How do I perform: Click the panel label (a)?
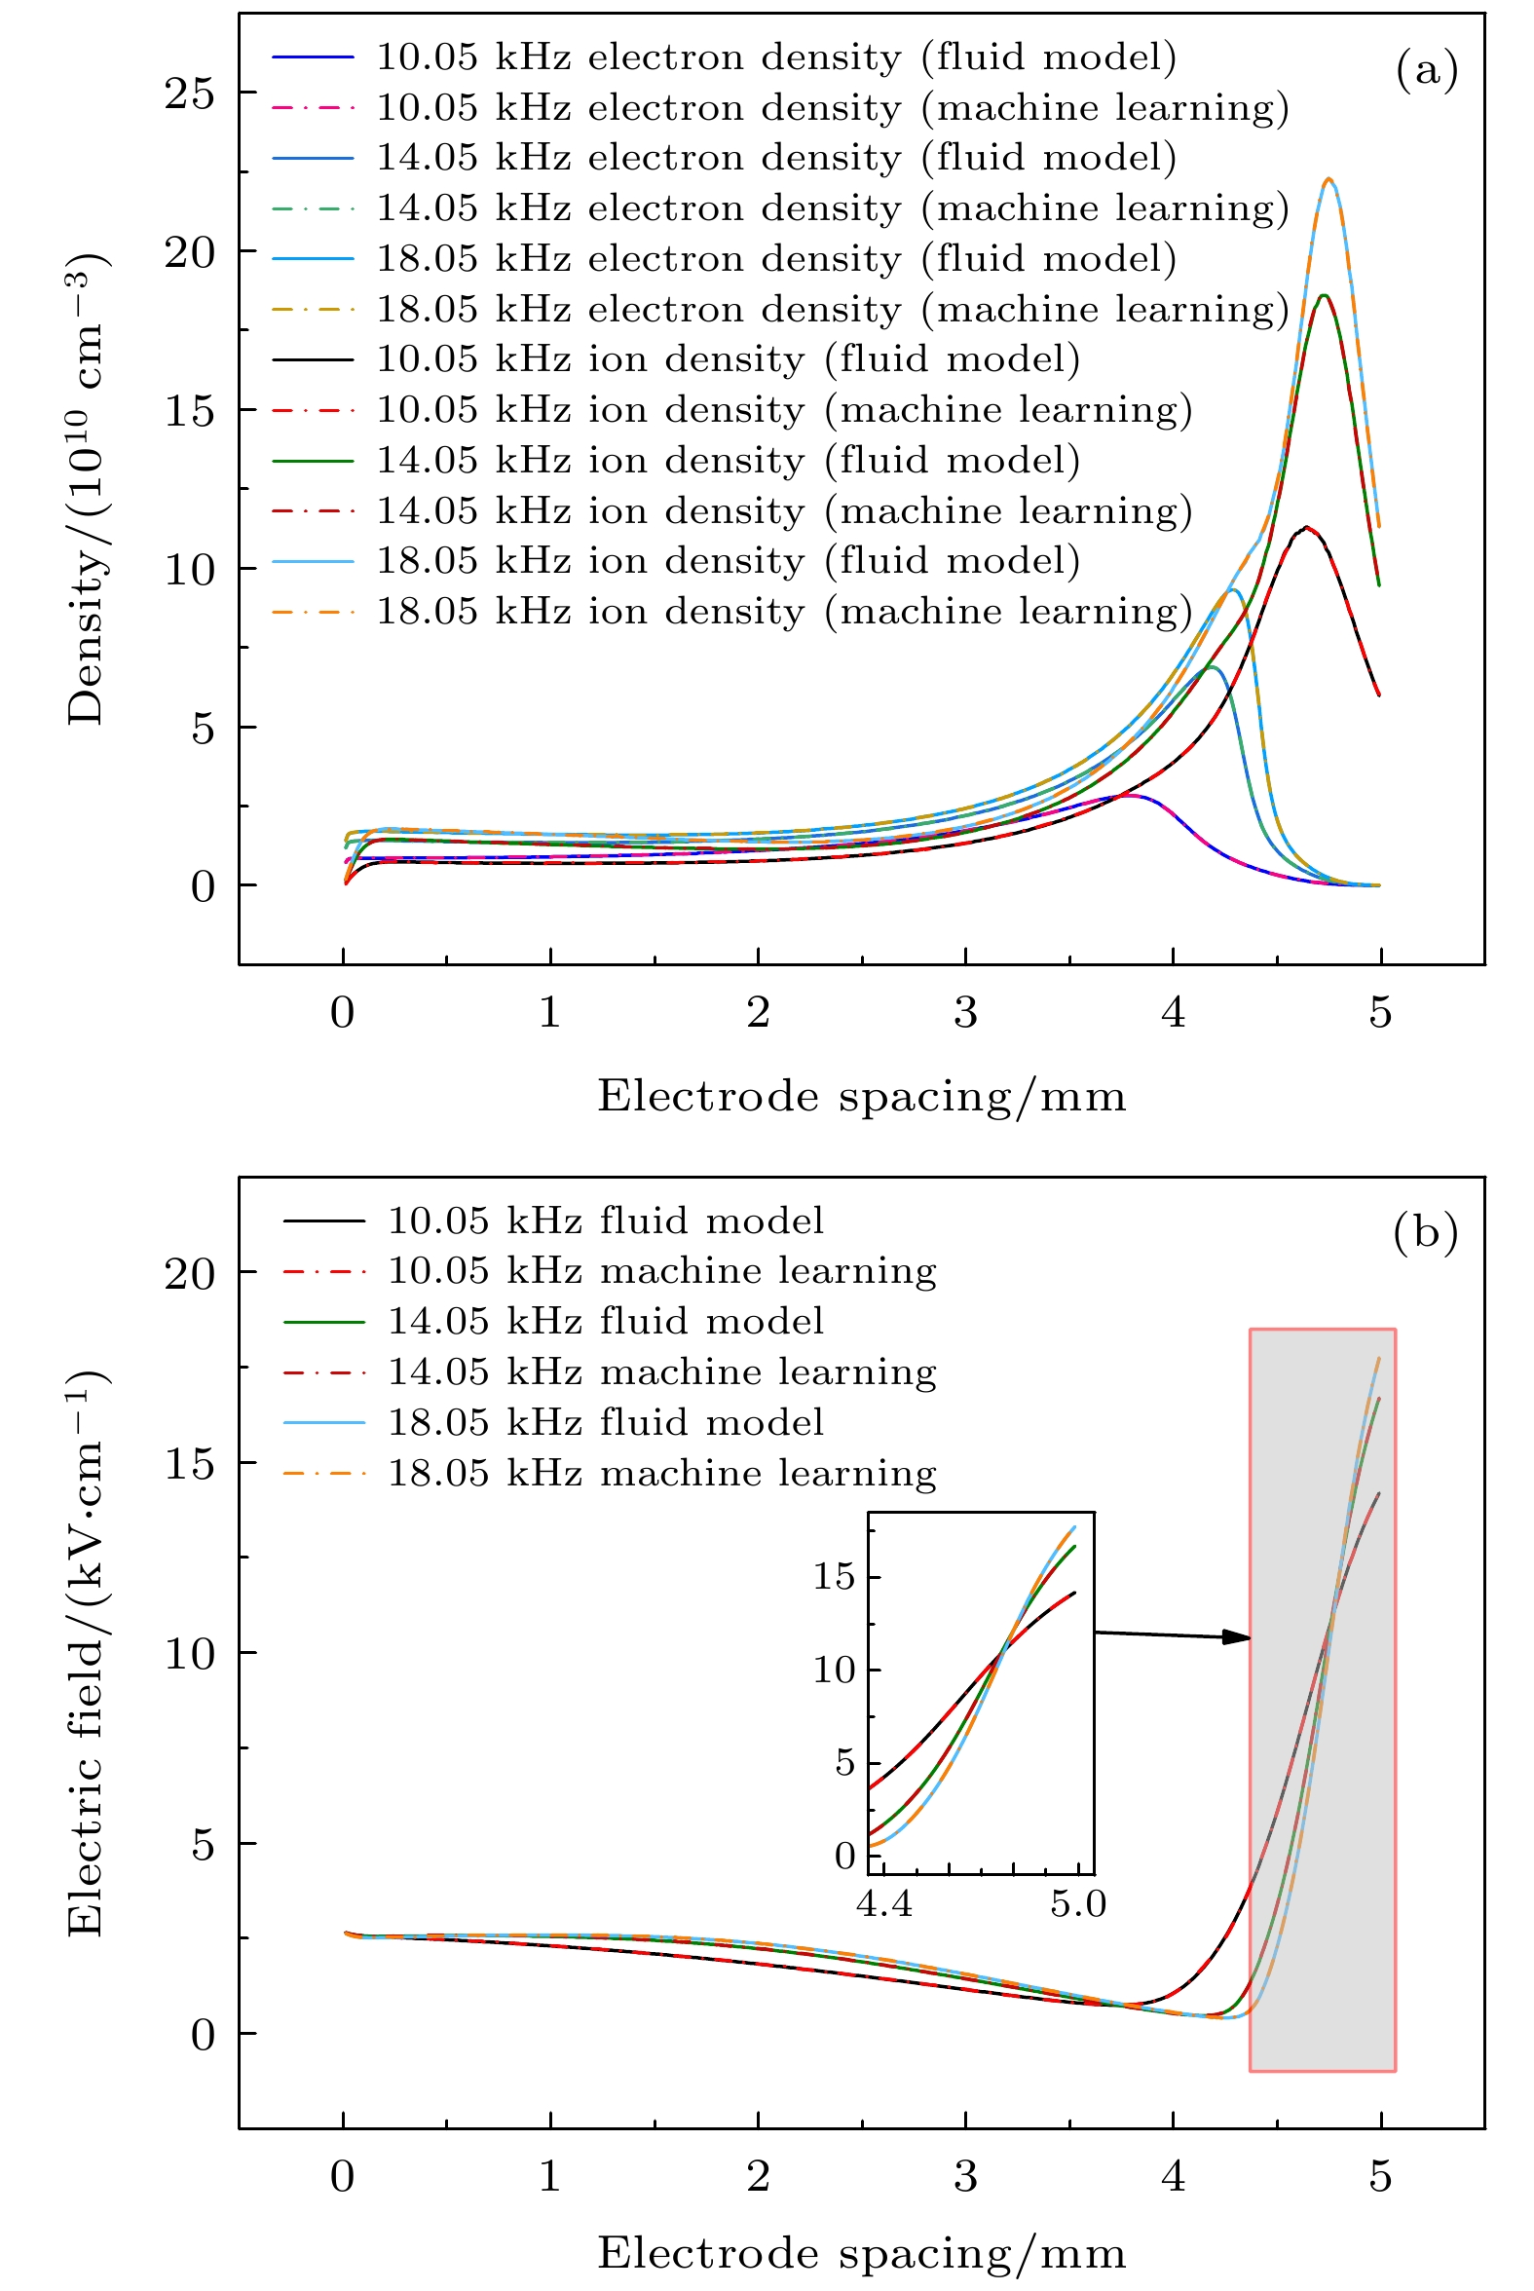[1427, 70]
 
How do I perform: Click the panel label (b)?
[1426, 1232]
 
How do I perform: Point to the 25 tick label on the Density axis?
[189, 94]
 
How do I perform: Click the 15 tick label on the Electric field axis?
[189, 1463]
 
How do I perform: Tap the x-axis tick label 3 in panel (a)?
[965, 1013]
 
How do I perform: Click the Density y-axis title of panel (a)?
[86, 489]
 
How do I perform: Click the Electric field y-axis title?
[86, 1653]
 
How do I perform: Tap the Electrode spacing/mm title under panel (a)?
[861, 1097]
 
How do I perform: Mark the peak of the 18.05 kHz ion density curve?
[1328, 179]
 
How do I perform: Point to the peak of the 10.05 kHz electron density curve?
[1130, 795]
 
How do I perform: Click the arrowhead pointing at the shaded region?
[1238, 1637]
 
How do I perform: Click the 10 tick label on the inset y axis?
[835, 1670]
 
